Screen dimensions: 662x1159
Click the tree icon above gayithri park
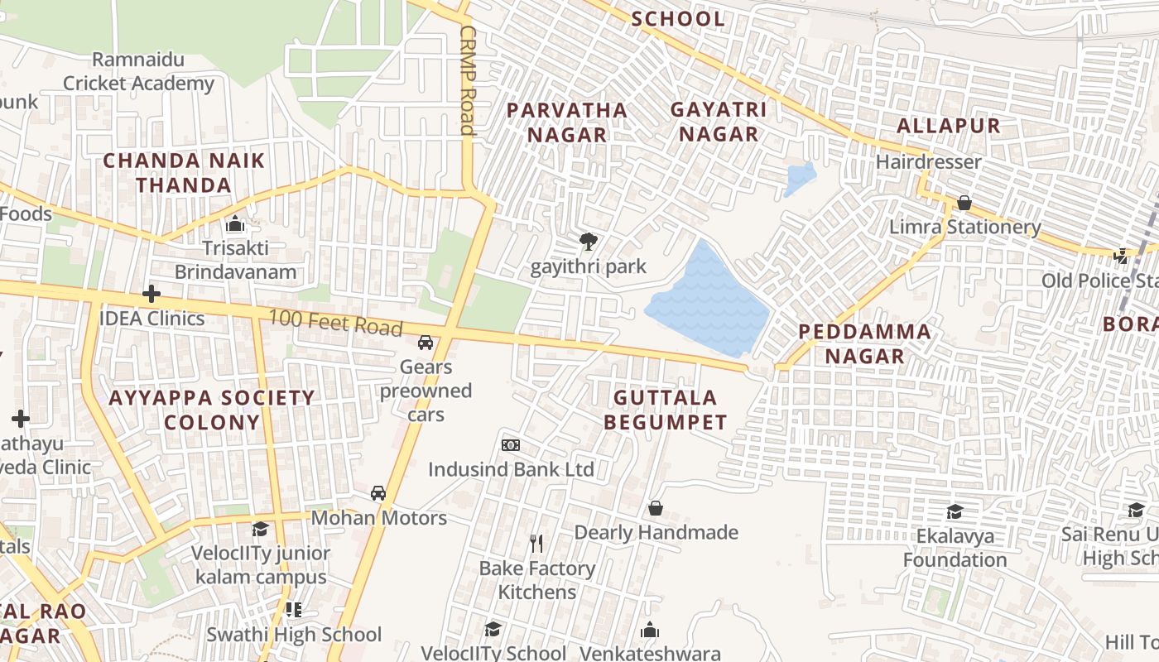coord(589,242)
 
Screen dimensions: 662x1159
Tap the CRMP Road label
coord(468,80)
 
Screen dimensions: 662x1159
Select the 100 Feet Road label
coord(334,322)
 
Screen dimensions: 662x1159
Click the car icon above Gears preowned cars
coord(426,343)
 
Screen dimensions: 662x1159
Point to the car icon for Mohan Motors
coord(378,493)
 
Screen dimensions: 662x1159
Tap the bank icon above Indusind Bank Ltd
coord(511,445)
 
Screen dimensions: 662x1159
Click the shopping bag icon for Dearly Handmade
coord(656,508)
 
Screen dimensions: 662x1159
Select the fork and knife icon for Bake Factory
coord(536,544)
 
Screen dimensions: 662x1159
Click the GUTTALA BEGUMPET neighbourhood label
coord(665,410)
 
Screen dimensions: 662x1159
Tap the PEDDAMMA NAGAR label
coord(864,343)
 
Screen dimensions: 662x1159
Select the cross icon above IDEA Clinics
coord(151,294)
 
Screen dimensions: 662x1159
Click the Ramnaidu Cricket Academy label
coord(138,71)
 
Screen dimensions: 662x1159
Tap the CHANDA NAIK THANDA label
coord(184,172)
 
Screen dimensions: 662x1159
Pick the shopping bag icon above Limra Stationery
coord(964,203)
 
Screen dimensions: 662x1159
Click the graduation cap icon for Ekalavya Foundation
coord(955,511)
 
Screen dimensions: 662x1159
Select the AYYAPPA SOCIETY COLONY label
coord(212,410)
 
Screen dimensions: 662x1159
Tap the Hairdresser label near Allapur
coord(928,161)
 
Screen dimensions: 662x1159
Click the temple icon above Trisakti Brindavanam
coord(235,224)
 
